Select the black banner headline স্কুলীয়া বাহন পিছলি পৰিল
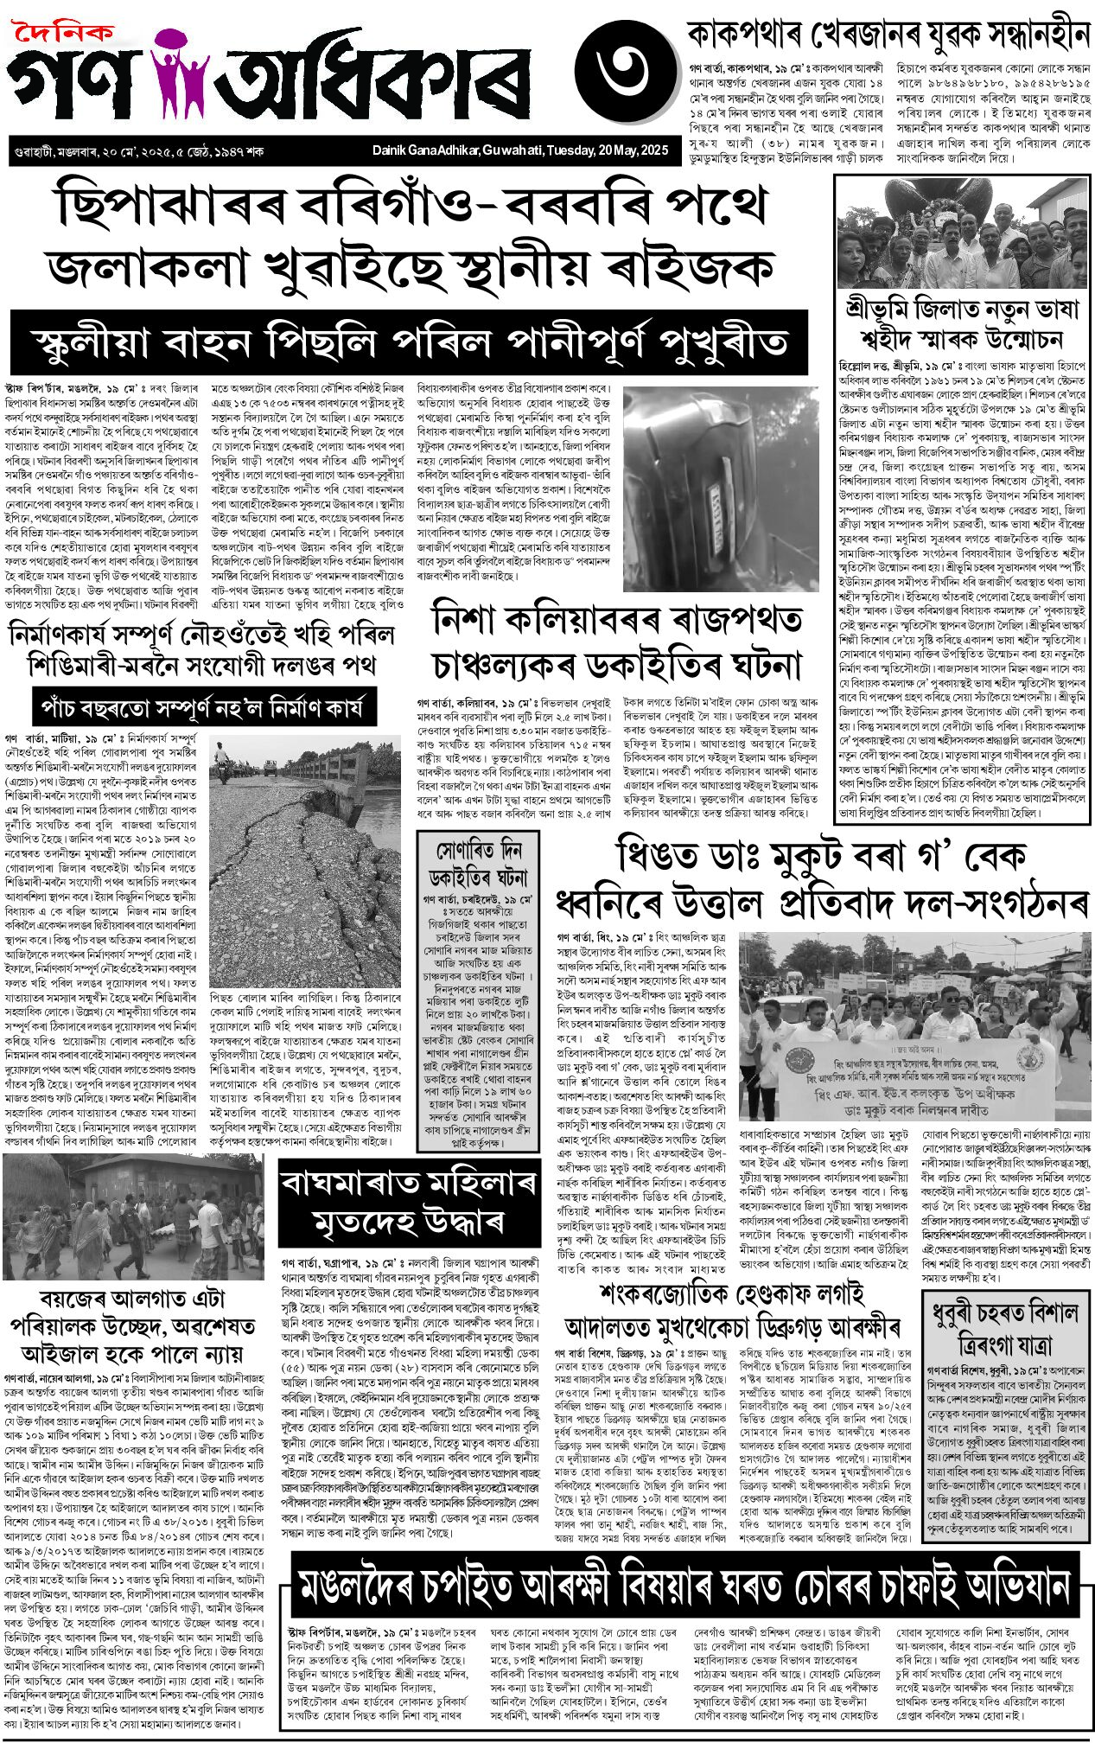[410, 342]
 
